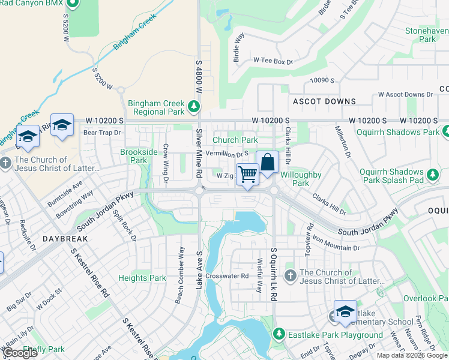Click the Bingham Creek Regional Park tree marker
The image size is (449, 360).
193,107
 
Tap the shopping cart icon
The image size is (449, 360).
247,175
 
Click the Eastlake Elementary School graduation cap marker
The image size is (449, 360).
345,311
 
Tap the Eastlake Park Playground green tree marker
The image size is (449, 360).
279,334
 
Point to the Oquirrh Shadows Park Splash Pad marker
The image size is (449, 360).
432,175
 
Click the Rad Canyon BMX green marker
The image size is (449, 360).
73,4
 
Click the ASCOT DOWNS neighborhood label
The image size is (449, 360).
324,101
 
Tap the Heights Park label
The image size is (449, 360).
142,278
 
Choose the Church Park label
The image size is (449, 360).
235,140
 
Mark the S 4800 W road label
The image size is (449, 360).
199,75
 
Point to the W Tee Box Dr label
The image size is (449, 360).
273,61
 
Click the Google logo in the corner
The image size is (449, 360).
20,353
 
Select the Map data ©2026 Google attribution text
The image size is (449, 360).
412,355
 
